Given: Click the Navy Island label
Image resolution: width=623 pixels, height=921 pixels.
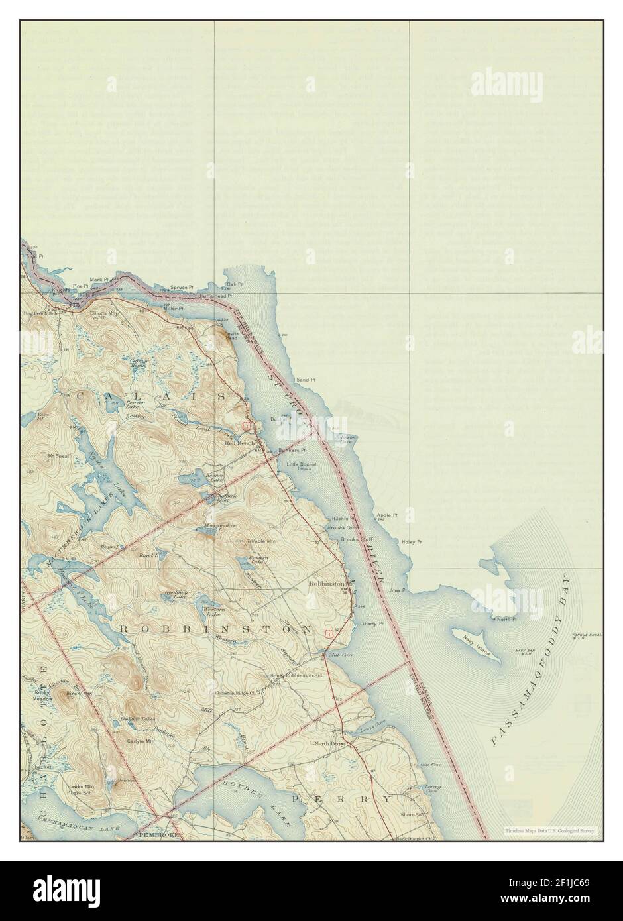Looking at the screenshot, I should point(477,643).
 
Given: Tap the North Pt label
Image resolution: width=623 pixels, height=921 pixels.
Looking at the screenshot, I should point(507,619).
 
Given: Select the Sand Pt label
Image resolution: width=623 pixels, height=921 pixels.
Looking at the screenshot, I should point(306,380).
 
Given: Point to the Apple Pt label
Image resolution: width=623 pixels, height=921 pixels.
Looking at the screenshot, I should point(386,515).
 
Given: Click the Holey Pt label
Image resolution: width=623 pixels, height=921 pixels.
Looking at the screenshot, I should point(412,542).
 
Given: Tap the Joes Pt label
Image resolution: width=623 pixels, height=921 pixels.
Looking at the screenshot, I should point(397,590).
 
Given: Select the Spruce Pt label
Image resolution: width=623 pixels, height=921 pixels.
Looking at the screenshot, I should point(182,287).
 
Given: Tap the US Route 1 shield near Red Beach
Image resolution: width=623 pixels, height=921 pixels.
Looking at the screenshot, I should point(246,425).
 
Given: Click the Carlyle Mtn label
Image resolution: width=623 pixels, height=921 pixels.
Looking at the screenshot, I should point(142,744).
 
